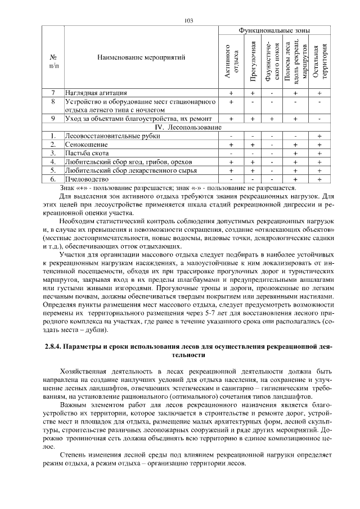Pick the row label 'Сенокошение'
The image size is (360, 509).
click(86, 145)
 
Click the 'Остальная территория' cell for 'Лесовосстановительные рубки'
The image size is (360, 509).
click(319, 136)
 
